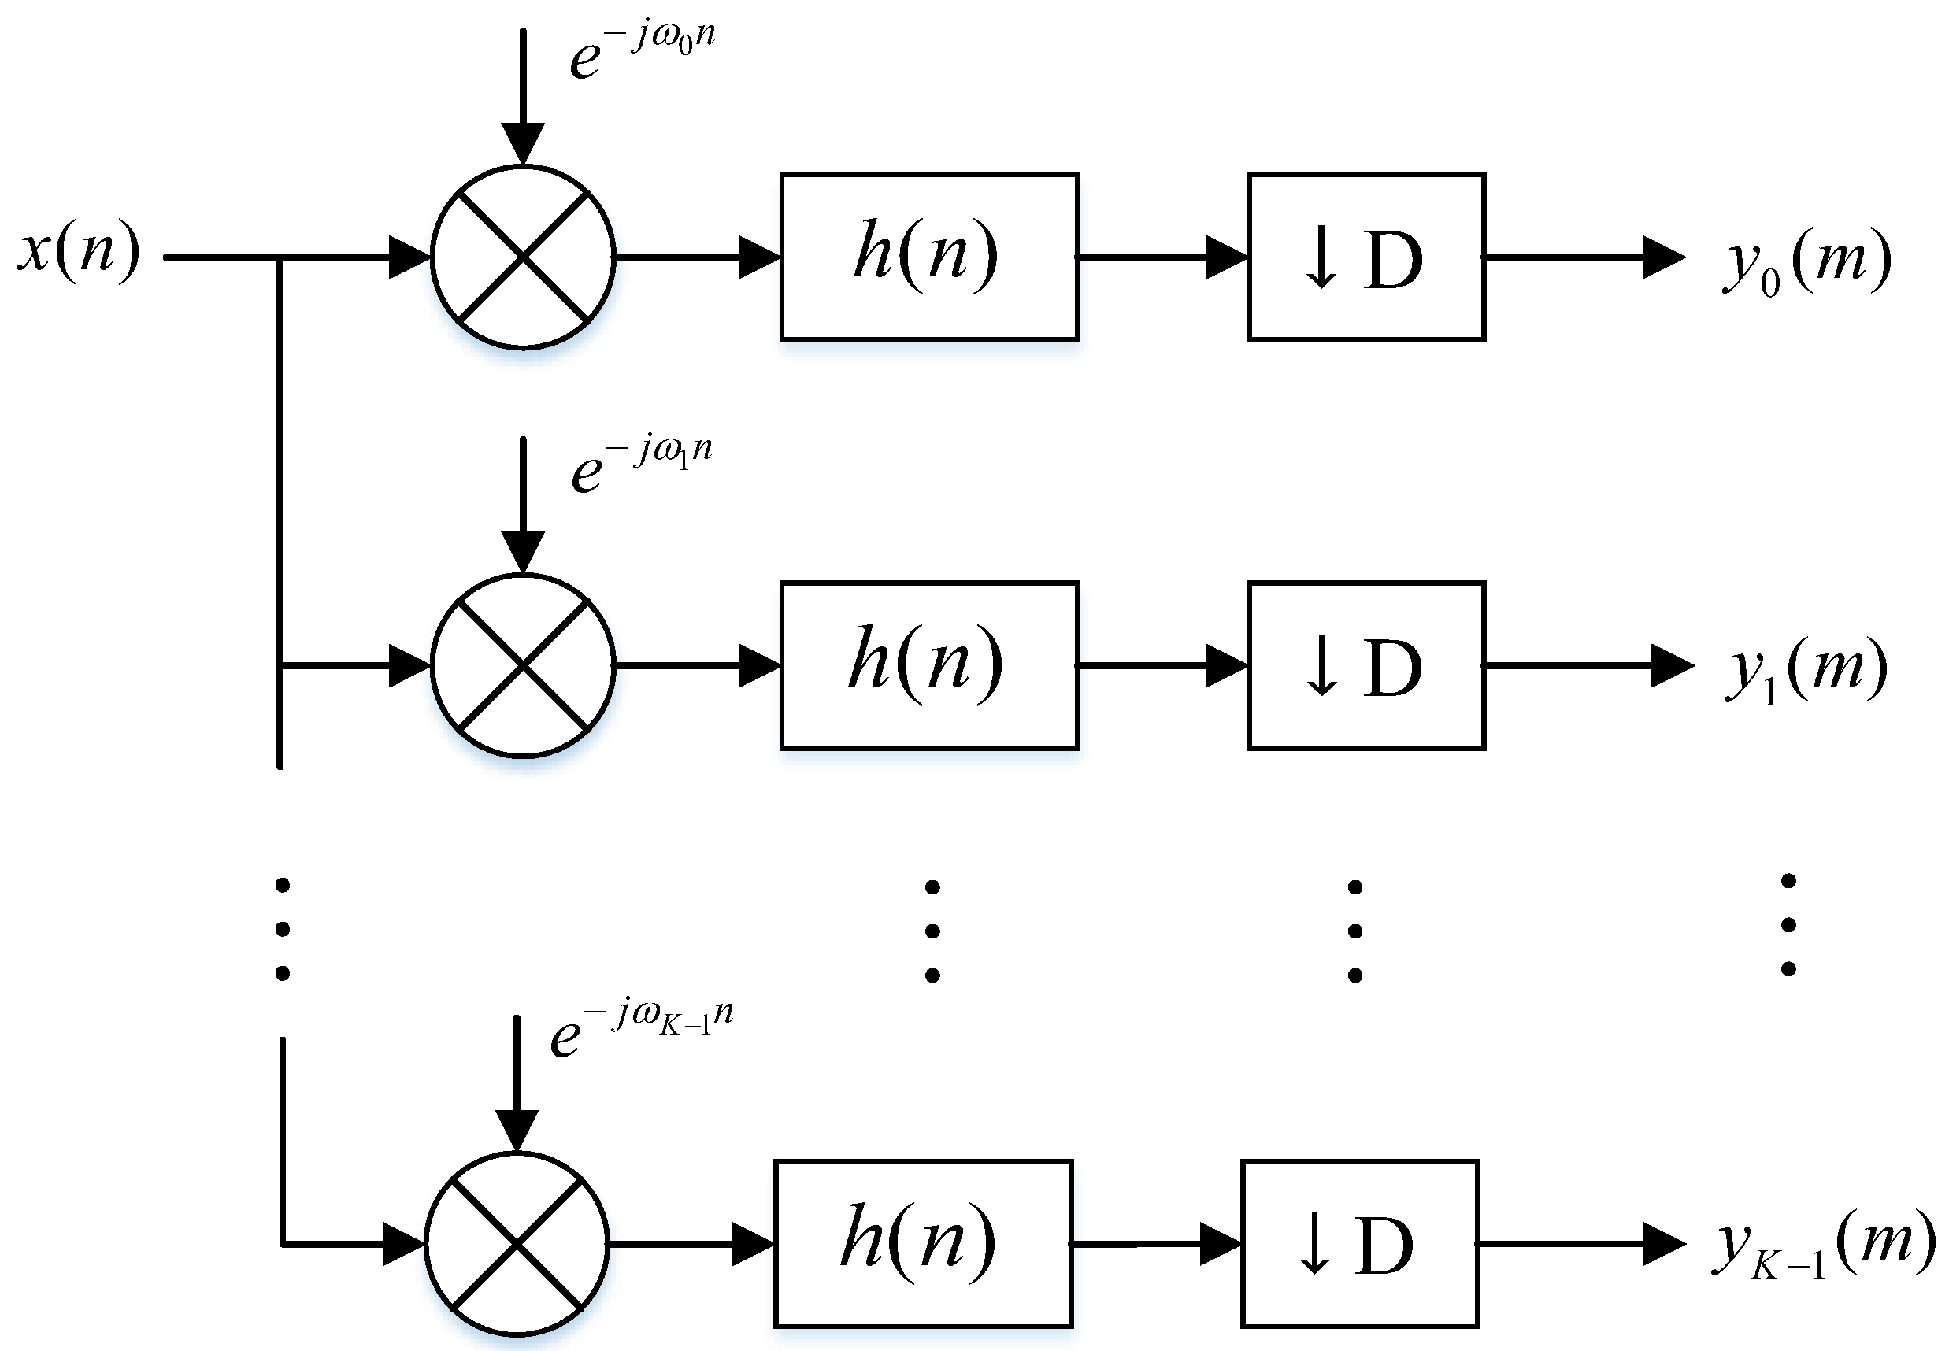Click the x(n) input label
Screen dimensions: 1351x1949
pyautogui.click(x=79, y=250)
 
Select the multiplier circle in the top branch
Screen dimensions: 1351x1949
pyautogui.click(x=522, y=257)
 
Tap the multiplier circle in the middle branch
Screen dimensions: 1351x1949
pyautogui.click(x=522, y=665)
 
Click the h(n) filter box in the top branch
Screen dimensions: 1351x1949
pyautogui.click(x=928, y=257)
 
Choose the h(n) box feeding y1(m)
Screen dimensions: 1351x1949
pyautogui.click(x=928, y=665)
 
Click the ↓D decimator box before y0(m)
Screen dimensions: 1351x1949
pyautogui.click(x=1365, y=257)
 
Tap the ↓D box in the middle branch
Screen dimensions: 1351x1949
pyautogui.click(x=1365, y=665)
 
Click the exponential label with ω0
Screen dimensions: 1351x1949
pyautogui.click(x=642, y=51)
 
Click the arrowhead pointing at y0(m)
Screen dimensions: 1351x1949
pyautogui.click(x=1662, y=257)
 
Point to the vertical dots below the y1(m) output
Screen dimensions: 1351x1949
pyautogui.click(x=1788, y=925)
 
